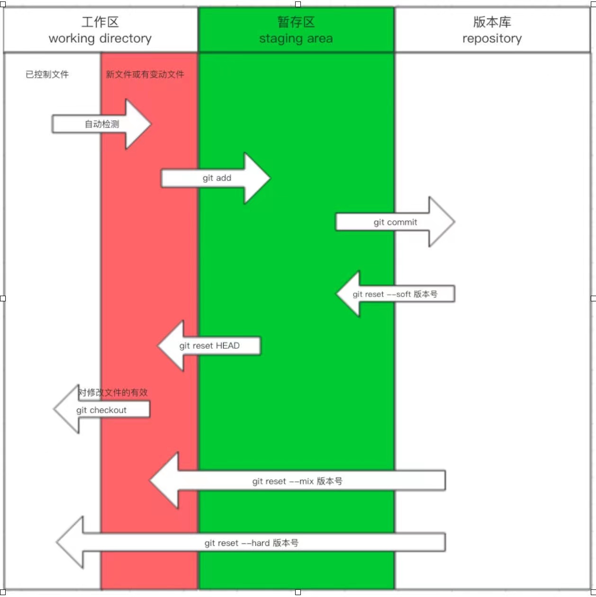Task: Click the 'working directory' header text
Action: (100, 38)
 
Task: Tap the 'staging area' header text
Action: (296, 38)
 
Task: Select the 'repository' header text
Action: (492, 38)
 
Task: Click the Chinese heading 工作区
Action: (100, 22)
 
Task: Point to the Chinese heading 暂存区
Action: (296, 22)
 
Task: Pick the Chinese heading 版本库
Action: (492, 22)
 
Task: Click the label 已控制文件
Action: (47, 74)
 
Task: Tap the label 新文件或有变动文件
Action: (145, 74)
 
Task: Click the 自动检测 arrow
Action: (102, 124)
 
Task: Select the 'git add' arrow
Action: (217, 178)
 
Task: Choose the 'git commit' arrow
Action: (395, 222)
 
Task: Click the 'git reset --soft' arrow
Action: (395, 294)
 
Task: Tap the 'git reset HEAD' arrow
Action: (209, 346)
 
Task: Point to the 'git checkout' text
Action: (101, 410)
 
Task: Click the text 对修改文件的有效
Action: (113, 392)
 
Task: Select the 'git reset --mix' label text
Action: (297, 481)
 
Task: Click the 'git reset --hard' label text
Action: (252, 543)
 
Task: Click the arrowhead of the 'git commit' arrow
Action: (443, 222)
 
